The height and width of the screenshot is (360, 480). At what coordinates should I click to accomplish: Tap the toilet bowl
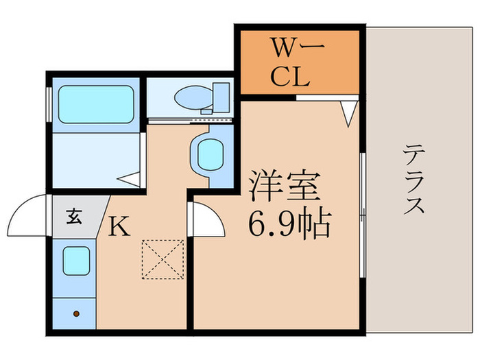189,98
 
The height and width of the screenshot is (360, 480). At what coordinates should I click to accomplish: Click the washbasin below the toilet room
208,154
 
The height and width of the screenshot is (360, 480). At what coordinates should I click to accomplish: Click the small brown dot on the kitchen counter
76,314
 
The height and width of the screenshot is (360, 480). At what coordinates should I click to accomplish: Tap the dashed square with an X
163,260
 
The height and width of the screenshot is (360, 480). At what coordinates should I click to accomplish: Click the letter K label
120,227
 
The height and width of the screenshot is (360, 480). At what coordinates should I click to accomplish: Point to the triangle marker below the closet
348,113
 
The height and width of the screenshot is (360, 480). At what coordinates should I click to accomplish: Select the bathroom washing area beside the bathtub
96,159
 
